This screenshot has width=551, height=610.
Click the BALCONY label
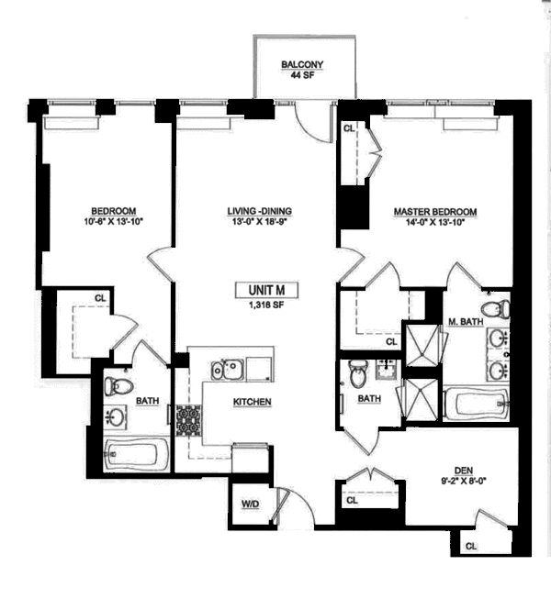coord(302,64)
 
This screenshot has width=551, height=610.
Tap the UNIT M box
coord(267,289)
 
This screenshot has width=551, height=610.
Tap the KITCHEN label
coord(251,402)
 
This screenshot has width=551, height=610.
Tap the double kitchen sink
coord(228,370)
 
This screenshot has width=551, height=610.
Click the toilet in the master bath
coord(496,308)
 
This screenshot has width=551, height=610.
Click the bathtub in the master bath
coord(475,404)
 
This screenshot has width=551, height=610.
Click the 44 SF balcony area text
coord(302,76)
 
